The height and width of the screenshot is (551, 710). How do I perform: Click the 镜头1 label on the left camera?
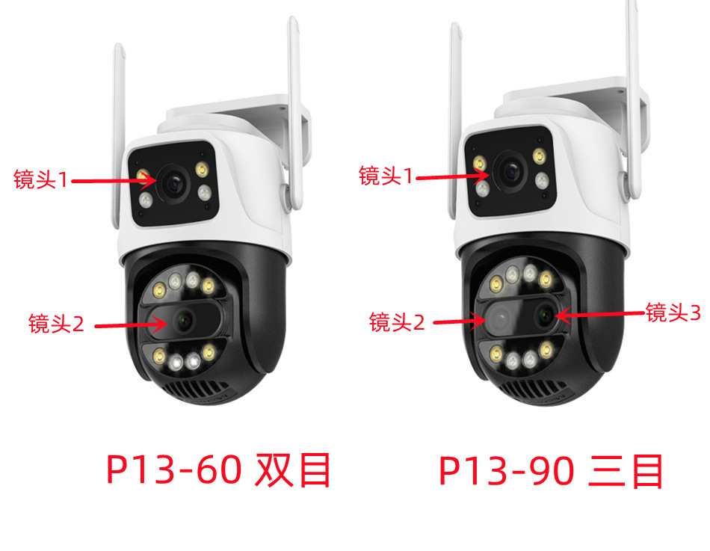coord(41,179)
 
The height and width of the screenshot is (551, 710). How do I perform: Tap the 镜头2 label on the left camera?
coord(56,324)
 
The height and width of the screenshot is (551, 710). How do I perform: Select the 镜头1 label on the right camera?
coord(386,176)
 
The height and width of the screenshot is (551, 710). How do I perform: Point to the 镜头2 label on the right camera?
coord(397,322)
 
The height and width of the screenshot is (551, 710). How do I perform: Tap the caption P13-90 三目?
coord(551,470)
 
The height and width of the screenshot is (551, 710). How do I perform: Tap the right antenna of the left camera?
coord(294,97)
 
